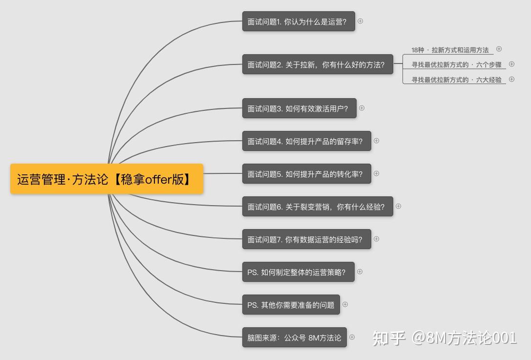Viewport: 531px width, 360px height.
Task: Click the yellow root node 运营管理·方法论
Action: coord(106,179)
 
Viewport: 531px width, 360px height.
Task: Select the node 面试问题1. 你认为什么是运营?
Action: coord(298,21)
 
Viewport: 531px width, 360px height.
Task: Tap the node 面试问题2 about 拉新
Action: coord(318,64)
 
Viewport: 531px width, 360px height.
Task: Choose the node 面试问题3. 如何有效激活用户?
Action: coord(299,108)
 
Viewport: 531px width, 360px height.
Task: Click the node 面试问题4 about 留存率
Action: coord(306,141)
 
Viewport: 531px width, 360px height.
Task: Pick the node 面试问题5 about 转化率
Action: coord(306,174)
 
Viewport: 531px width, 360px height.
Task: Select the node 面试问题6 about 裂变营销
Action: coord(318,207)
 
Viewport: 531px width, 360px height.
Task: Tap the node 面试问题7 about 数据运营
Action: coord(306,239)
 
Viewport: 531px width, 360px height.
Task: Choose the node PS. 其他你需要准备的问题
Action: coord(291,305)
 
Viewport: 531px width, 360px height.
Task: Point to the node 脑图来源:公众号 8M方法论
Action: coord(294,338)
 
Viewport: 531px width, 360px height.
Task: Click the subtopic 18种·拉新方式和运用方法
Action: coord(450,50)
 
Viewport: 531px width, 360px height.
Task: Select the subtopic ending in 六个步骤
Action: coord(456,64)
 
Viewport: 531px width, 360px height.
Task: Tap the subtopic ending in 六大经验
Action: coord(456,80)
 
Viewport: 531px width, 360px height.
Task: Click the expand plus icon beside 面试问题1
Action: coord(360,21)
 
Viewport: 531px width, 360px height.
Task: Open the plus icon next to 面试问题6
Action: coord(398,206)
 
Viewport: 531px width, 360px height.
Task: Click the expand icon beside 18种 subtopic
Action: coord(499,49)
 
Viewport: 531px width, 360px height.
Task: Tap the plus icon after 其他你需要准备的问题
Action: coord(345,304)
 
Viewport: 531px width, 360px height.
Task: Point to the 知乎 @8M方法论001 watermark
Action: coord(444,338)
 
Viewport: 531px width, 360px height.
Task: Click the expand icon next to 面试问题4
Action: coord(376,141)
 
